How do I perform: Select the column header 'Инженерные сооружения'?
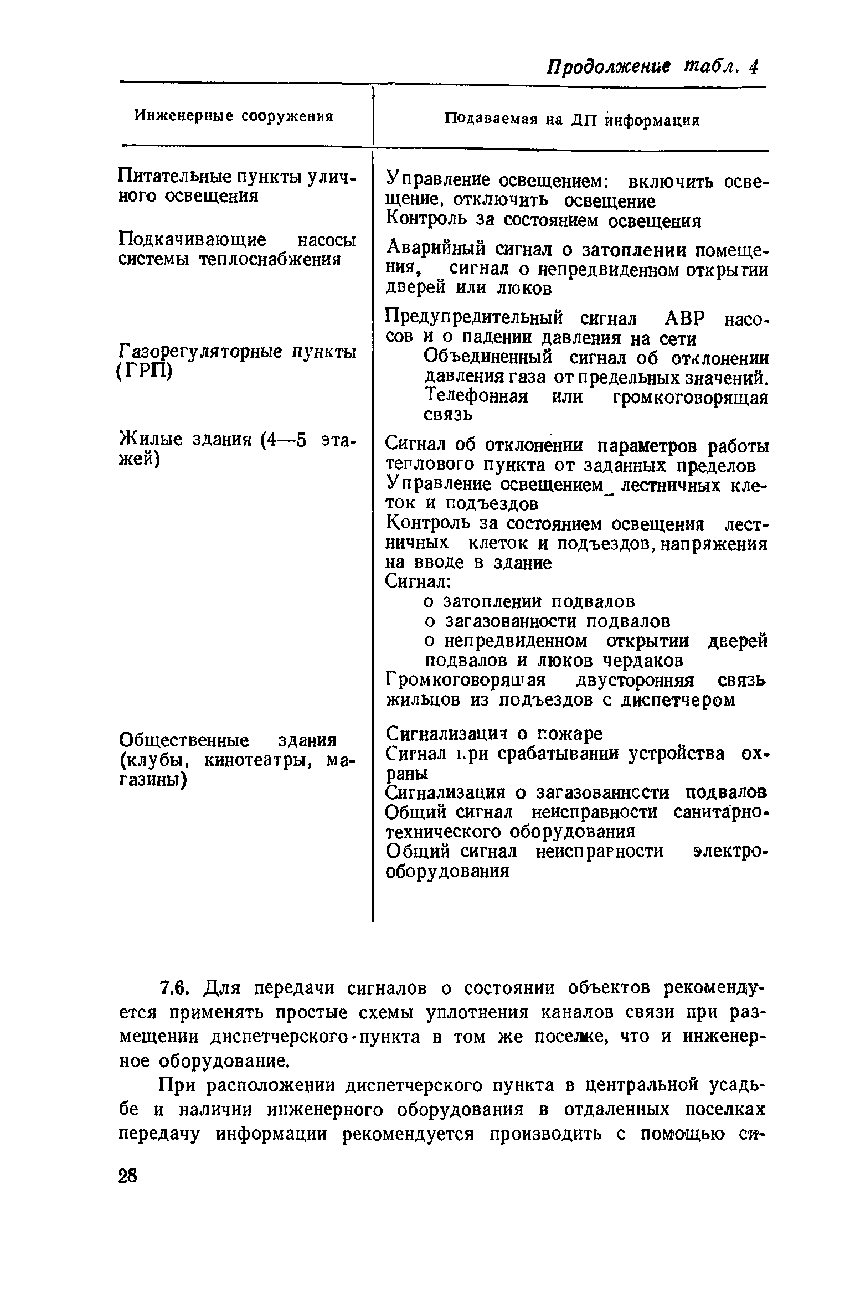coord(234,116)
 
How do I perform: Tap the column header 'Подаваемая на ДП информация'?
coord(573,120)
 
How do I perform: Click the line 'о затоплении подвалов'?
coord(529,601)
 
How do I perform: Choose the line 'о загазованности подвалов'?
coord(547,621)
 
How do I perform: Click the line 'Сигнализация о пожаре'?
coord(493,734)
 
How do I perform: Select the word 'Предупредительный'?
coord(474,318)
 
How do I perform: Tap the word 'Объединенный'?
coord(488,358)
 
